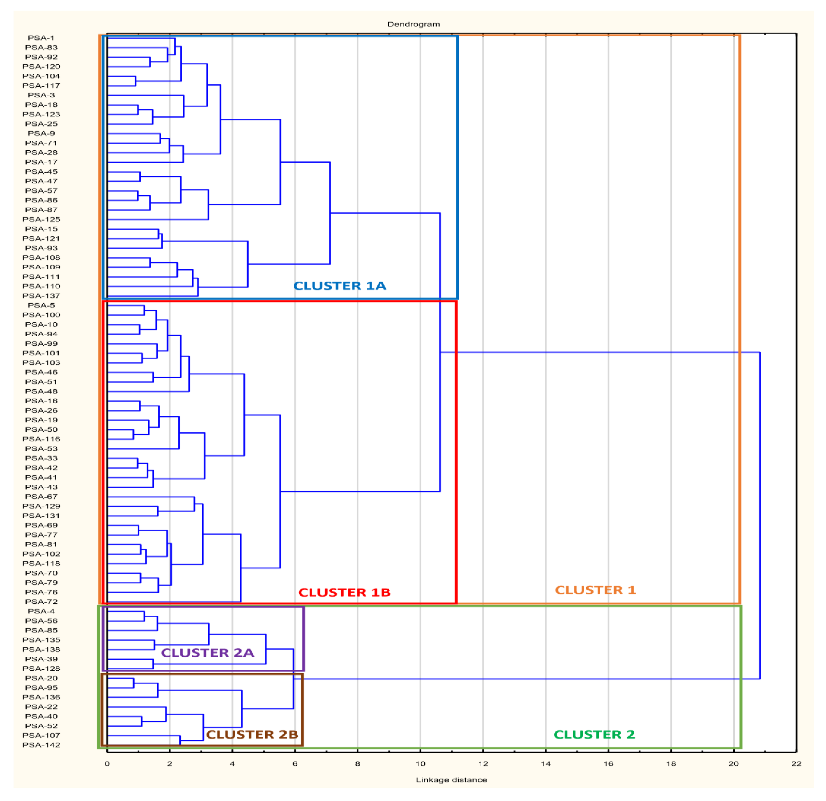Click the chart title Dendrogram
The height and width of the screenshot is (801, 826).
coord(413,24)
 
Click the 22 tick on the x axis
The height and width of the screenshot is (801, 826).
coord(796,764)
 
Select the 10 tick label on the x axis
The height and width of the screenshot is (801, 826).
coord(420,764)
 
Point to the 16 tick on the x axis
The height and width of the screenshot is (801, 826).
coord(608,764)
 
